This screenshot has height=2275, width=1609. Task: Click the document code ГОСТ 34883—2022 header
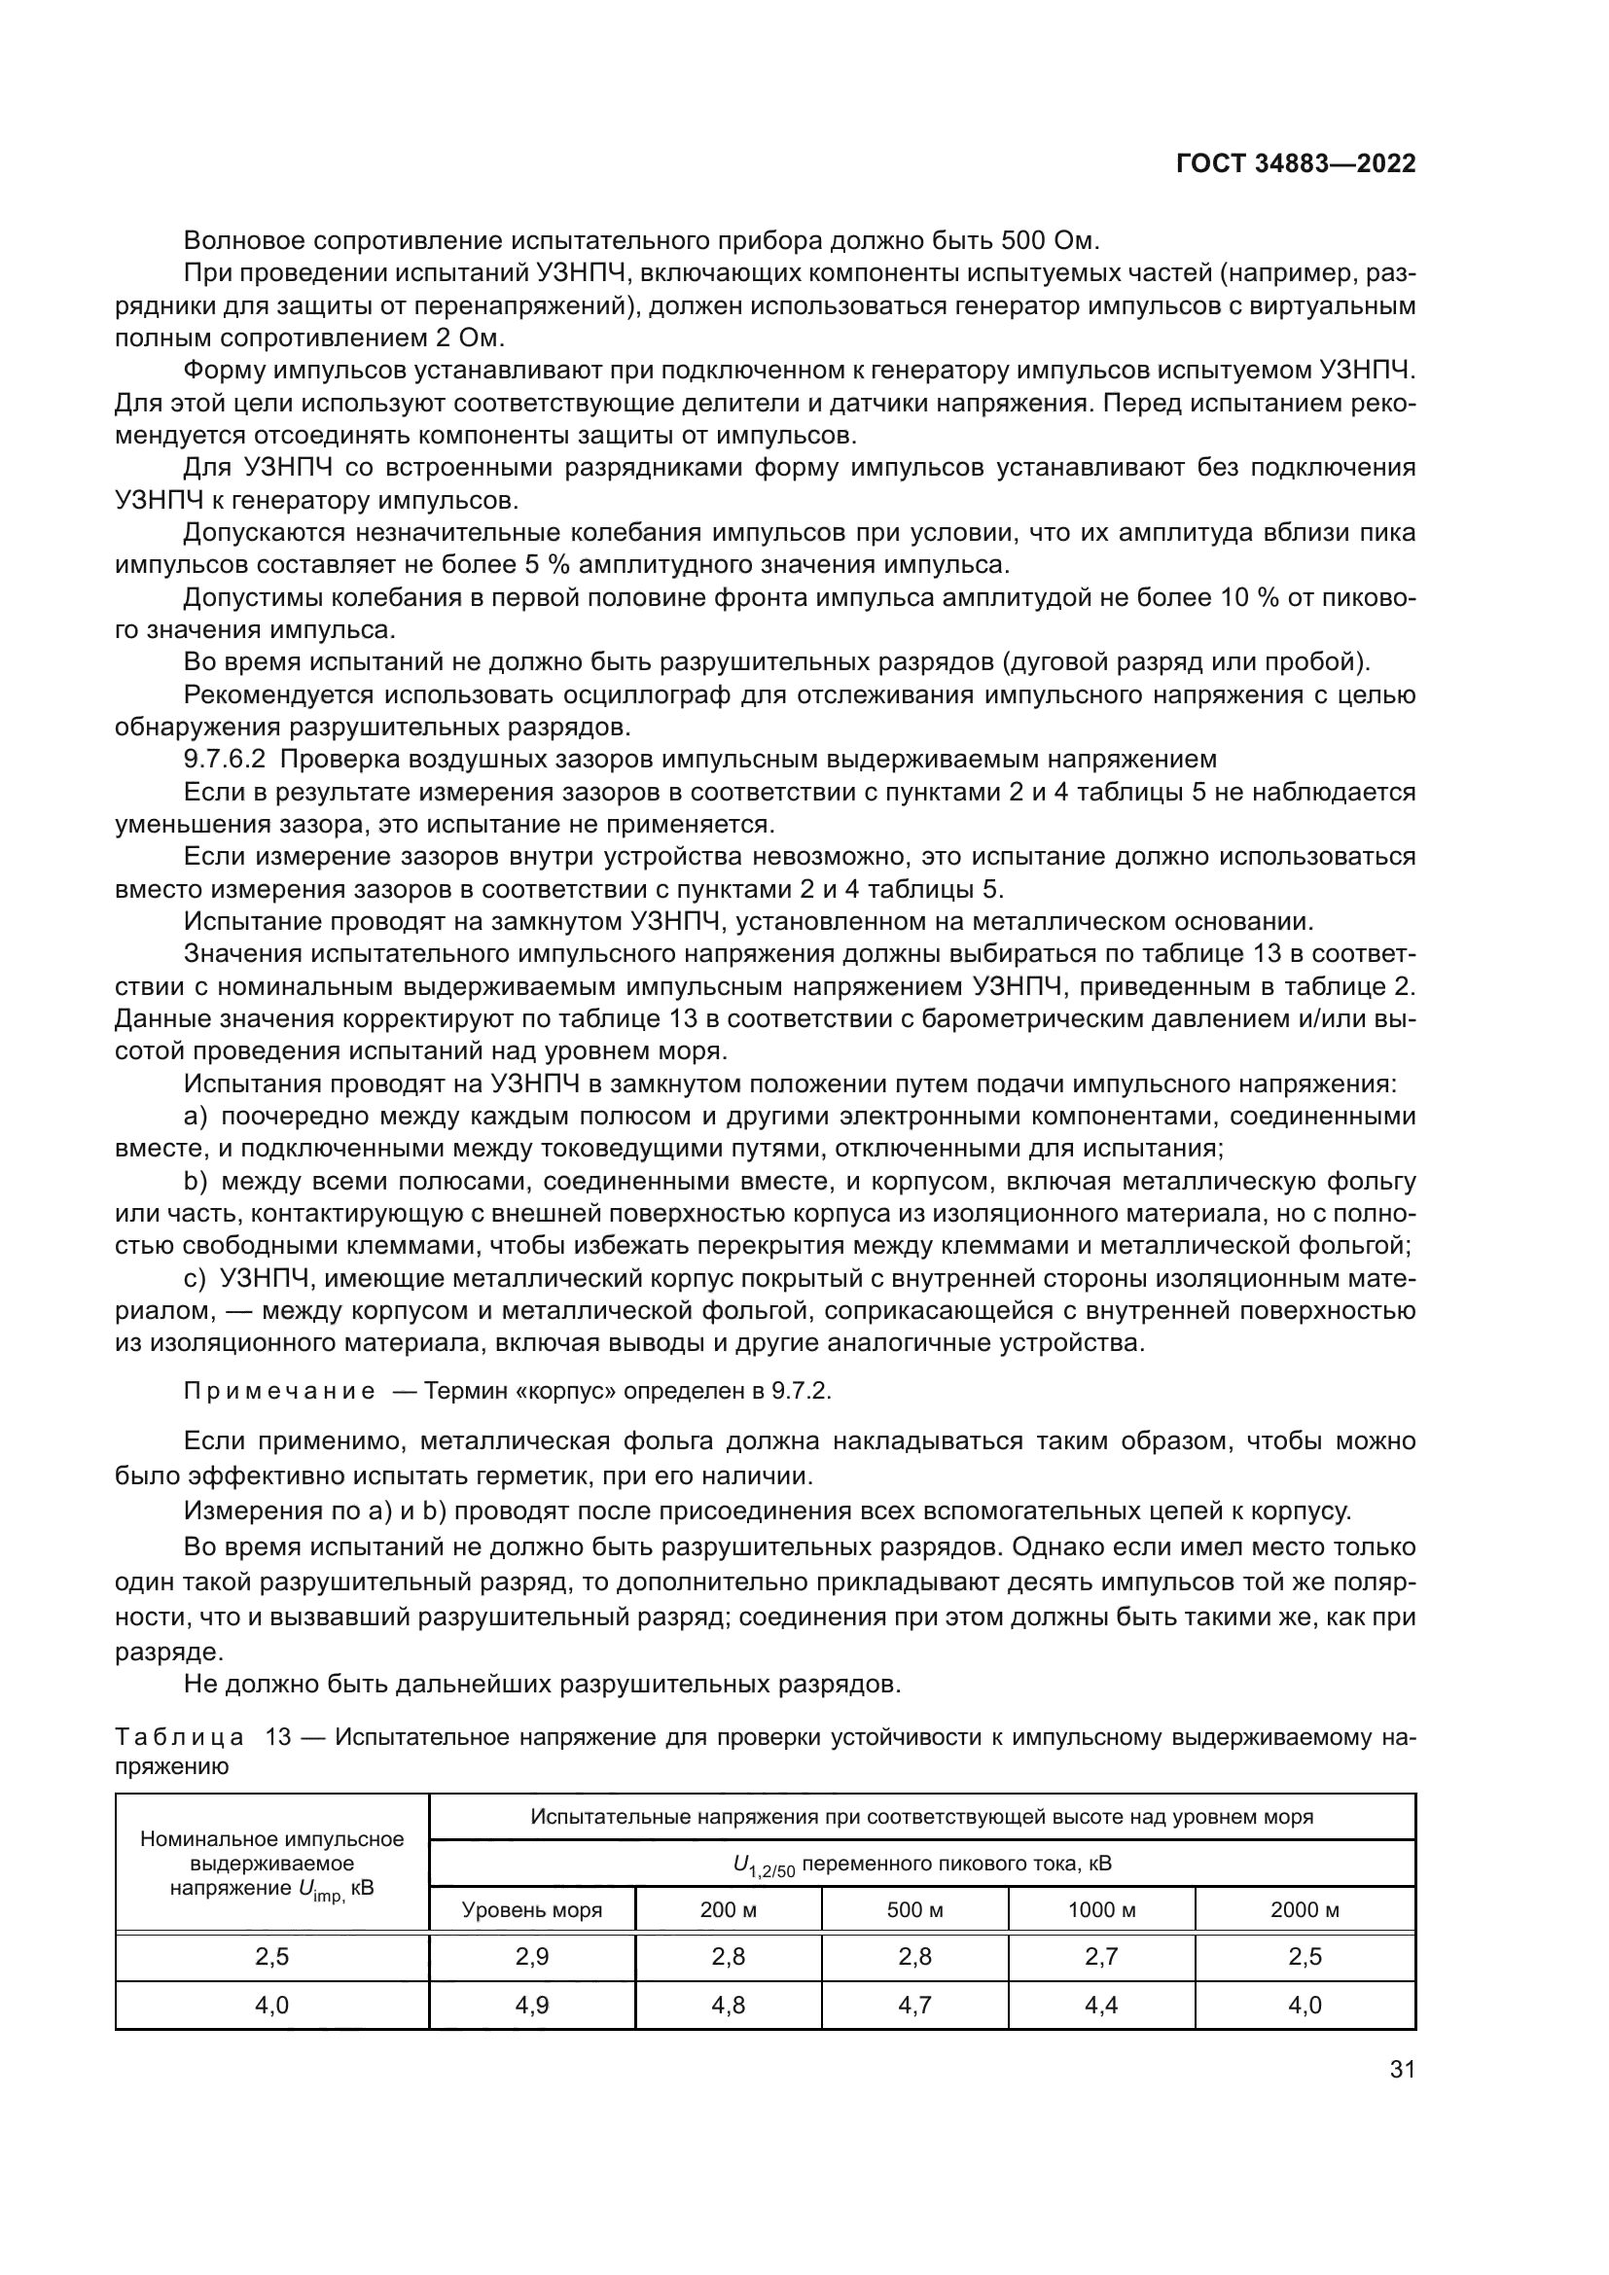(x=1295, y=164)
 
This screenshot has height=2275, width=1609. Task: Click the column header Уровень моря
(x=532, y=1909)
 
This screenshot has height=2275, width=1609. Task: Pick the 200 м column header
(x=729, y=1909)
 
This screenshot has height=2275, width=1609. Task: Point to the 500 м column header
(x=914, y=1909)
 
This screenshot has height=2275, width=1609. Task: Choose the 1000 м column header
(x=1102, y=1909)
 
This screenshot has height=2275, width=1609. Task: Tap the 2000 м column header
(x=1305, y=1909)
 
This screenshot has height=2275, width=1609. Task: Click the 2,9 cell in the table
(x=532, y=1957)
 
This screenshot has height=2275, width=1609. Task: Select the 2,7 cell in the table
(x=1102, y=1957)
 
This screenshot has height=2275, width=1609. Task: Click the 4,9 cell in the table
(x=532, y=2005)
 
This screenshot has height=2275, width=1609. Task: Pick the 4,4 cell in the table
(x=1102, y=2005)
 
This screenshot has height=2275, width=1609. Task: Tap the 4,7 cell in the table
(x=914, y=2005)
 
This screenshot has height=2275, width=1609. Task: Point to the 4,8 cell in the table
(x=729, y=2005)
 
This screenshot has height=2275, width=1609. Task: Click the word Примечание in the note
(x=279, y=1391)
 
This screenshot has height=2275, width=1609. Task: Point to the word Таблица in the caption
(x=179, y=1737)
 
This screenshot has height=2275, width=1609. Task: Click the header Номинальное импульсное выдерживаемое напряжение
(x=271, y=1863)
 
